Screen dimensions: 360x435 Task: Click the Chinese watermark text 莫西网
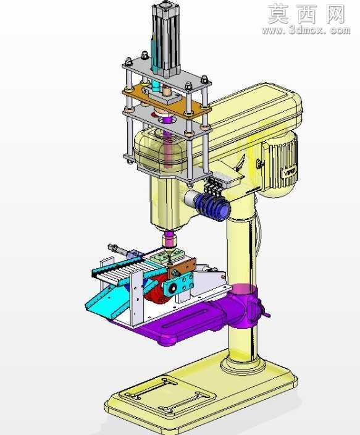306,14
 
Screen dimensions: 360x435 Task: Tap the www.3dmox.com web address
306,30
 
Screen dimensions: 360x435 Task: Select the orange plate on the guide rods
166,101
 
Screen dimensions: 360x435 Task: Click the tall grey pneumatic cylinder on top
166,39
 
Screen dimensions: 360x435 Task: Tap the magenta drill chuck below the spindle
169,240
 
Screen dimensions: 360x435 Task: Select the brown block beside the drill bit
182,267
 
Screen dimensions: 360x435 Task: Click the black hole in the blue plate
173,289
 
